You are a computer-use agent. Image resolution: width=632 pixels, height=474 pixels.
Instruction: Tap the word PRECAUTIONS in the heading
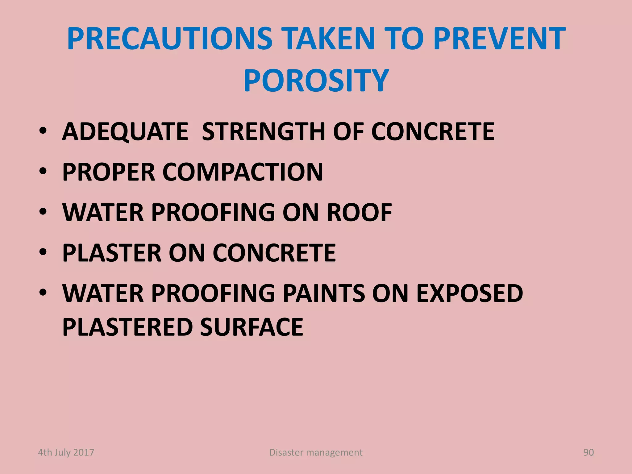(x=169, y=39)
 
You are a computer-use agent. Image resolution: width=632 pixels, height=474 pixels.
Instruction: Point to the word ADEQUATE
(x=125, y=132)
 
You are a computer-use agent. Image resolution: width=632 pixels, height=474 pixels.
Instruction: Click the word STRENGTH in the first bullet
(x=263, y=132)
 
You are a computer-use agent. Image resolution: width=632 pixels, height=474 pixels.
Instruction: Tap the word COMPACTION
(x=243, y=172)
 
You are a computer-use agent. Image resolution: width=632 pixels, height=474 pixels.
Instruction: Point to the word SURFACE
(x=252, y=327)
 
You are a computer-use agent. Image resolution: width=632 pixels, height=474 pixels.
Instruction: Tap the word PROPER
(x=109, y=172)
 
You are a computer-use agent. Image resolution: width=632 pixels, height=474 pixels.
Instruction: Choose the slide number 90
(x=588, y=452)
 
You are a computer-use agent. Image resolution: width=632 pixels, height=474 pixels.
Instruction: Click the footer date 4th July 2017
(x=66, y=452)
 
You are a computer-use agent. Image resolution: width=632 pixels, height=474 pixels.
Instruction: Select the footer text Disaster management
(x=316, y=452)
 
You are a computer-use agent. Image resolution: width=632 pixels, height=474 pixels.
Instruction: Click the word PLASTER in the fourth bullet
(x=112, y=253)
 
